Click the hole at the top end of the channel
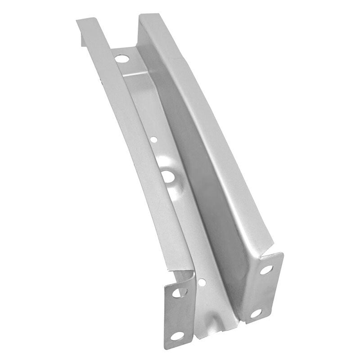tap(121, 58)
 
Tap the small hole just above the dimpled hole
tap(154, 140)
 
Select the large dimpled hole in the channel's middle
tap(169, 176)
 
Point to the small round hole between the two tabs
tap(202, 282)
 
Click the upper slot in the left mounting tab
tap(180, 292)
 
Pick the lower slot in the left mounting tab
tap(177, 336)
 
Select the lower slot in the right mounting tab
tap(256, 313)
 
